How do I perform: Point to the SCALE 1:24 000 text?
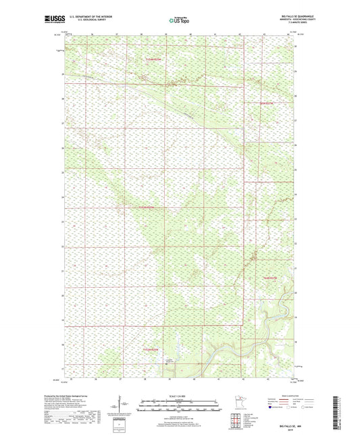tap(180, 396)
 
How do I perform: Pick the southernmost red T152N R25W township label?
tap(154, 349)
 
